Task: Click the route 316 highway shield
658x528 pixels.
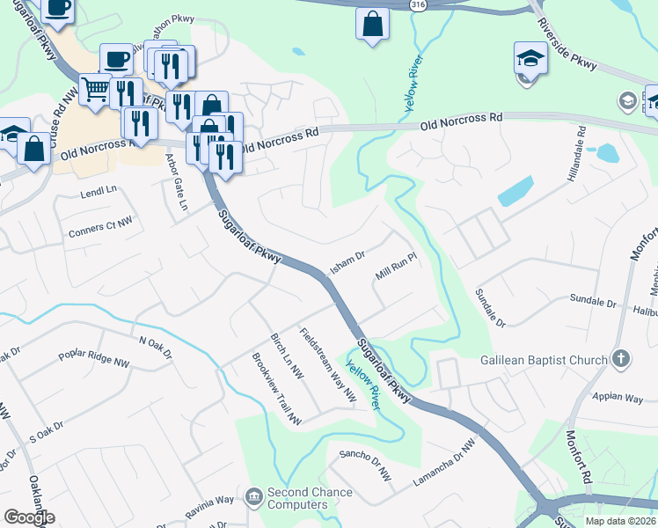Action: pyautogui.click(x=419, y=5)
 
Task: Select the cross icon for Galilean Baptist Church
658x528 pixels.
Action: pyautogui.click(x=621, y=359)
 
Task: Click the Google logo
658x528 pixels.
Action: pyautogui.click(x=29, y=517)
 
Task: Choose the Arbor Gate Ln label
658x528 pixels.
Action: pyautogui.click(x=177, y=182)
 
